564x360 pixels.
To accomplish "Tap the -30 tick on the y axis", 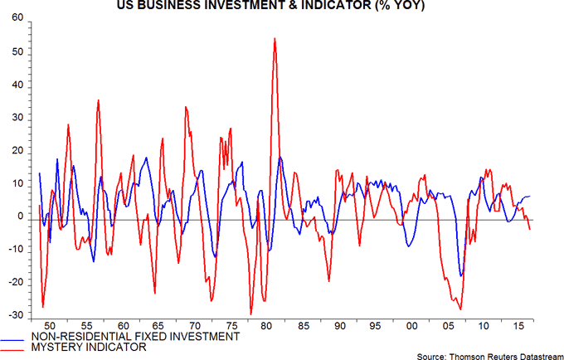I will [x=14, y=315].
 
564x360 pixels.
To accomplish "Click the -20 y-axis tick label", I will [x=14, y=282].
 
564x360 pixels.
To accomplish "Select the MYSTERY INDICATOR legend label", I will [x=94, y=347].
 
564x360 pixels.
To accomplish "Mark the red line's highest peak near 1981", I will [x=275, y=38].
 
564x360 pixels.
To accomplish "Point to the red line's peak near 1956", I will [x=98, y=100].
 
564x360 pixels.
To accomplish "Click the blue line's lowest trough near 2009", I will [x=460, y=276].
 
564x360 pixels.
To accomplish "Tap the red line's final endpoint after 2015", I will [x=530, y=229].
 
